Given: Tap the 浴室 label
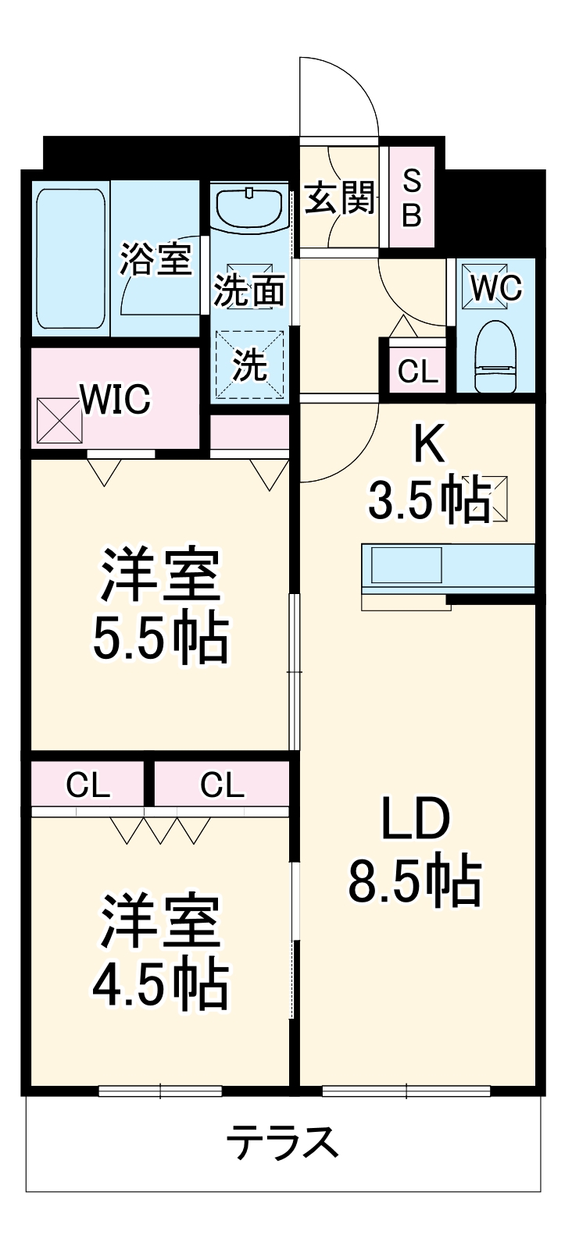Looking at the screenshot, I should (x=156, y=258).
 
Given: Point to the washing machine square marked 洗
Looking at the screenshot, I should (x=250, y=365).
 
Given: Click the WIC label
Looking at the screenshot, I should (x=116, y=400).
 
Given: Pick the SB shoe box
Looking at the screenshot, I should (x=411, y=198).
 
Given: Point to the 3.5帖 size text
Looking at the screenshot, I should (x=430, y=500).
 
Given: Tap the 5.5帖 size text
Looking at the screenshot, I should (x=161, y=639).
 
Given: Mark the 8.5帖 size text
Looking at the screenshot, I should (x=414, y=881).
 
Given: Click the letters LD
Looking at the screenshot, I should (x=414, y=819).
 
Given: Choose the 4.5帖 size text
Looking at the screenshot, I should (x=161, y=984).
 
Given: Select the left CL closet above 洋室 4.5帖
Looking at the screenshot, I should (x=88, y=785).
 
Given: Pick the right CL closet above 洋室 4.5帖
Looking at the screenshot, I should (x=222, y=785).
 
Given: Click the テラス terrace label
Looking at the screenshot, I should (x=283, y=1144).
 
